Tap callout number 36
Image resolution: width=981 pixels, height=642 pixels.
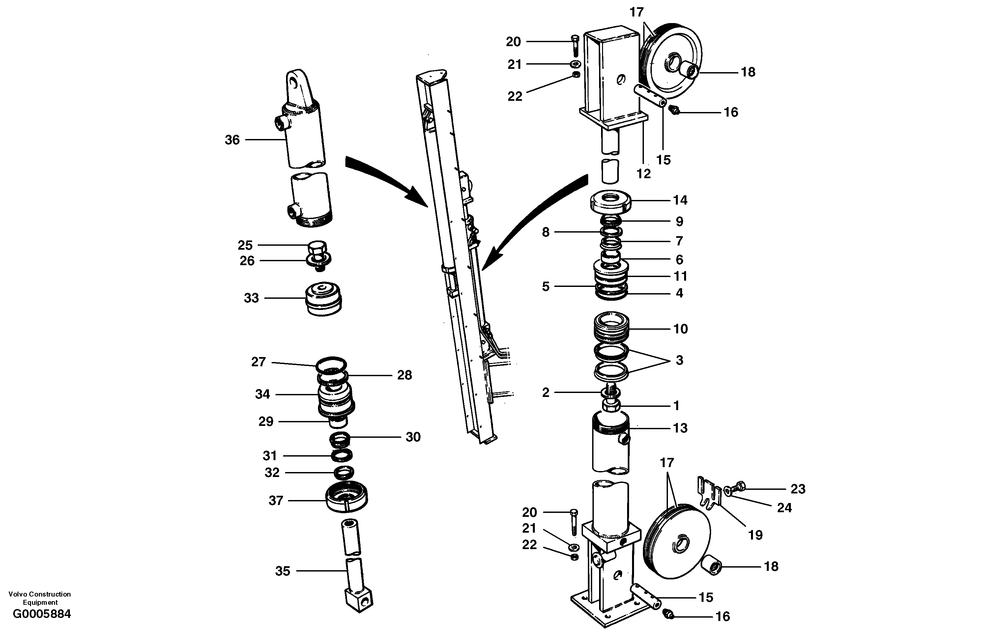coord(232,140)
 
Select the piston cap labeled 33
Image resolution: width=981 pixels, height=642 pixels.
coord(324,299)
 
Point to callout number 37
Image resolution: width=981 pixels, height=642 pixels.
coord(276,501)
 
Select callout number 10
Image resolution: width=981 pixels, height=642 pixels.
coord(680,329)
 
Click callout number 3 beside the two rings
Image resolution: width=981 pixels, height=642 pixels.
coord(679,360)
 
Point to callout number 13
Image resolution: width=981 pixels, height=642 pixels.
coord(680,428)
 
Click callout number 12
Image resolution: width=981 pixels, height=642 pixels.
coord(644,174)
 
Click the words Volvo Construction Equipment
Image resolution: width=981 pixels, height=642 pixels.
coord(40,598)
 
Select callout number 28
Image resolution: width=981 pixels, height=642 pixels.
coord(404,375)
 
